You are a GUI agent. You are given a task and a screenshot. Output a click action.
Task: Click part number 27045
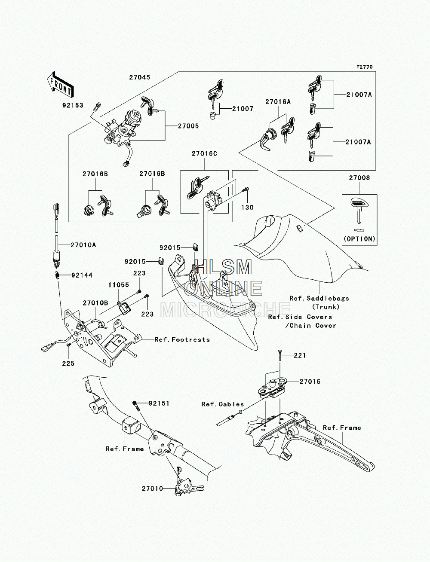pos(140,77)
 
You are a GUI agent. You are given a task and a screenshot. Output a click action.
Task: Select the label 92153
pos(73,105)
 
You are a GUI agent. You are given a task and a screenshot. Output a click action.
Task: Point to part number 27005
pos(188,126)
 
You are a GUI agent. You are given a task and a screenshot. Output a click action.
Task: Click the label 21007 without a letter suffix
pos(243,109)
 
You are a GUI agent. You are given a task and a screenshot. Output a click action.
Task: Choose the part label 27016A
pos(278,102)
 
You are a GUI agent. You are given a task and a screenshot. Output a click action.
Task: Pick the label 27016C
pos(205,154)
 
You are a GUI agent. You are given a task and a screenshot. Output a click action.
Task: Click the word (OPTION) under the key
pos(359,239)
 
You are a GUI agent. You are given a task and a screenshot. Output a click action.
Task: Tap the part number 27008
pos(359,178)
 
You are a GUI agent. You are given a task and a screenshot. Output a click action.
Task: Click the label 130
pos(247,208)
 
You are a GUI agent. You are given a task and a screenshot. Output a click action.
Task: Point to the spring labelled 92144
pos(58,275)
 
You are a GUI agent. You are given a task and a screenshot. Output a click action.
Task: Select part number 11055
pos(119,285)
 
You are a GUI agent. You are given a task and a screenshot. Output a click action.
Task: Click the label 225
pos(68,363)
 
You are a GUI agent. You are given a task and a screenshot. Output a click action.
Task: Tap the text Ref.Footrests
pos(182,340)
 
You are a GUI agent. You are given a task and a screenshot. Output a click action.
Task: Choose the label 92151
pos(159,403)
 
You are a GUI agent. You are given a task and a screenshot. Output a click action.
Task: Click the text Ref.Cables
pos(223,404)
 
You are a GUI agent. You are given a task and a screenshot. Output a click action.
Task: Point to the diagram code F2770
pos(365,67)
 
